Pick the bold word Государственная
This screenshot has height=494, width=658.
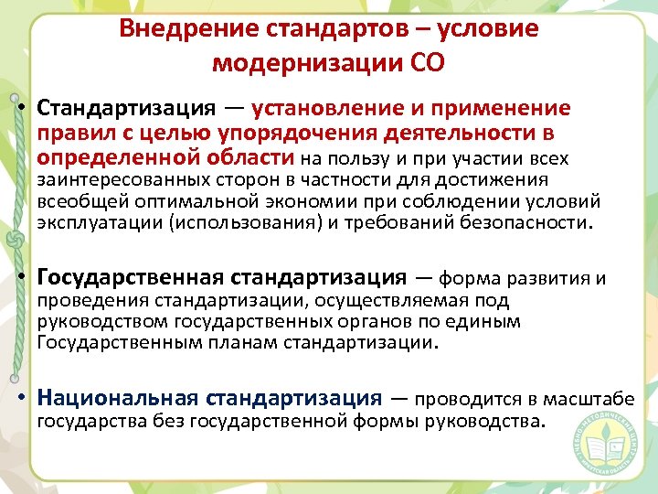click(130, 276)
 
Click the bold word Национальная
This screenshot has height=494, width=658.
click(118, 398)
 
